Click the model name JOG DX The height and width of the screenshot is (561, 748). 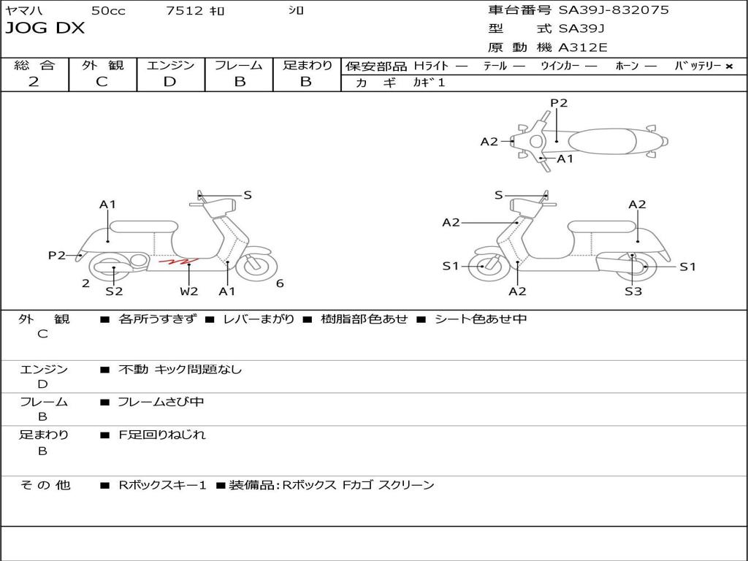[x=45, y=28]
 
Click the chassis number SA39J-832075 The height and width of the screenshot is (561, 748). [x=614, y=10]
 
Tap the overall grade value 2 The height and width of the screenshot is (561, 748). [x=34, y=82]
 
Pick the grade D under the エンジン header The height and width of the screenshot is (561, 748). [x=169, y=82]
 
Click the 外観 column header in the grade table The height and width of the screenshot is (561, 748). [x=102, y=65]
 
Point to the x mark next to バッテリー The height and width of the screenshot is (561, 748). [x=729, y=66]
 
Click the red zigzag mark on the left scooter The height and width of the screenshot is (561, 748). [x=178, y=261]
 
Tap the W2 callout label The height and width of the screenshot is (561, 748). [x=189, y=291]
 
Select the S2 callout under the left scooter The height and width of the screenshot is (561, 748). [x=114, y=291]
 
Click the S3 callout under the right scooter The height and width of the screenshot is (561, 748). [x=633, y=291]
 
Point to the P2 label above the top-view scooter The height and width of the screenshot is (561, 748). [x=559, y=103]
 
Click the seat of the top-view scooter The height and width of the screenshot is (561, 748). [x=602, y=141]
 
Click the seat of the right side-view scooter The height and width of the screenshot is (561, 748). [x=602, y=227]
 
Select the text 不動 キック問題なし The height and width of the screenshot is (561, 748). [x=180, y=370]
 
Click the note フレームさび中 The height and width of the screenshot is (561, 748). [x=161, y=402]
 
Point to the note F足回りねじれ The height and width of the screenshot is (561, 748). [x=161, y=435]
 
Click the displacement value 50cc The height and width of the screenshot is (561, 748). [x=108, y=10]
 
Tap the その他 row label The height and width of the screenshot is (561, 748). [x=45, y=485]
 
